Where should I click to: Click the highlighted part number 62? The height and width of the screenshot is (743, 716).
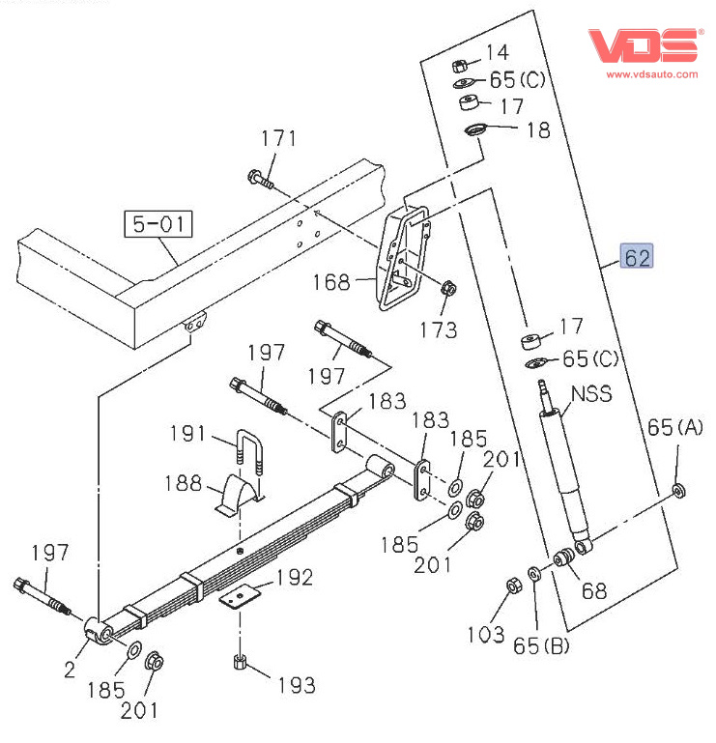[638, 257]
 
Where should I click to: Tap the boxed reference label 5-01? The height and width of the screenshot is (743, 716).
[157, 225]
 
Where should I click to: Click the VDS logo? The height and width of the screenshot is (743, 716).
[644, 45]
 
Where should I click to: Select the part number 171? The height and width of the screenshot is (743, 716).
[278, 139]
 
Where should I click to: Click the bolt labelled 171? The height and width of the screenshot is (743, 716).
[259, 179]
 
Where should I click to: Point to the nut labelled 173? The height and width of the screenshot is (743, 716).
[447, 288]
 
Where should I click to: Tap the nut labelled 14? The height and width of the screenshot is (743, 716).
[462, 64]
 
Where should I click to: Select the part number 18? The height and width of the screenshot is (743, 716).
[537, 129]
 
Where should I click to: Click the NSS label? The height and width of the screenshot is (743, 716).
[591, 394]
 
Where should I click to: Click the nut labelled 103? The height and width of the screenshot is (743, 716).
[514, 586]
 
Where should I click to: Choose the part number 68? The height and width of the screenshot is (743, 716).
[594, 590]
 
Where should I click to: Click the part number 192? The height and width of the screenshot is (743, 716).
[295, 578]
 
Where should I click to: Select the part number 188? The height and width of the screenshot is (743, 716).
[189, 483]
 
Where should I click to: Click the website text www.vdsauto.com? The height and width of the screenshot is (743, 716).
[651, 73]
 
